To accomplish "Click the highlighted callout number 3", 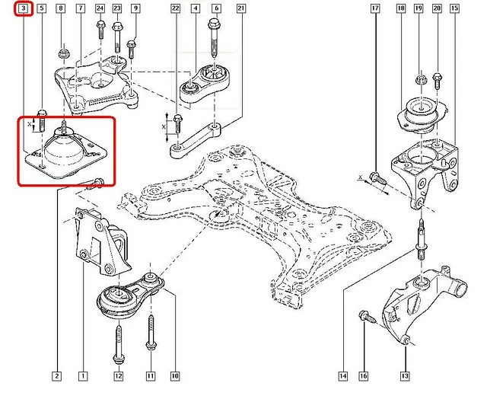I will coord(24,8).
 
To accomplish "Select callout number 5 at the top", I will coord(42,8).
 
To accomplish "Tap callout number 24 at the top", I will coord(100,8).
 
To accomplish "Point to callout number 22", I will coord(176,8).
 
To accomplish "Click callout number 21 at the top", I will coord(240,8).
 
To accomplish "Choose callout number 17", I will coord(375,8).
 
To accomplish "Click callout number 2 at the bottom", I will coord(57,375).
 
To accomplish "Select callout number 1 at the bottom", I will coord(81,375).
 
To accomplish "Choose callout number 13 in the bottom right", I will coord(405,375).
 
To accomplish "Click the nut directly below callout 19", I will coord(420,78).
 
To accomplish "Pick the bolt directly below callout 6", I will coord(215,39).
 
